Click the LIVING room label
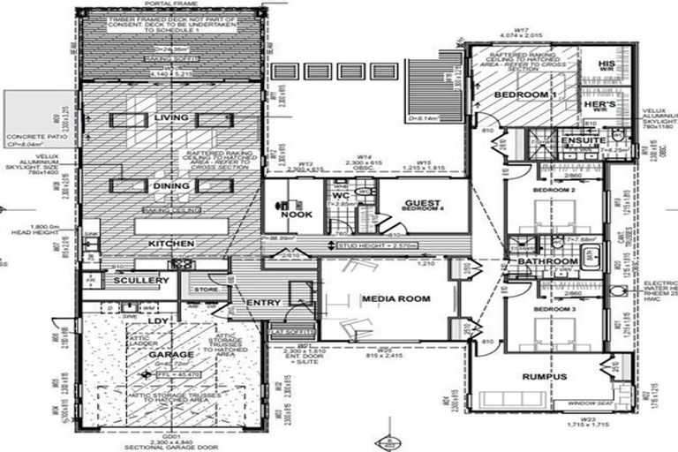coord(171,117)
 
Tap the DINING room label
coord(170,186)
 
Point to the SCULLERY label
coord(141,280)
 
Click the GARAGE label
coord(171,354)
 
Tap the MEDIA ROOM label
coord(395,299)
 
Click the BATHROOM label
coord(547,262)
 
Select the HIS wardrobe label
coord(606,65)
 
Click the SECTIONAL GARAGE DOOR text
coord(171,446)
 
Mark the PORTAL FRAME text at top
coord(171,4)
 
